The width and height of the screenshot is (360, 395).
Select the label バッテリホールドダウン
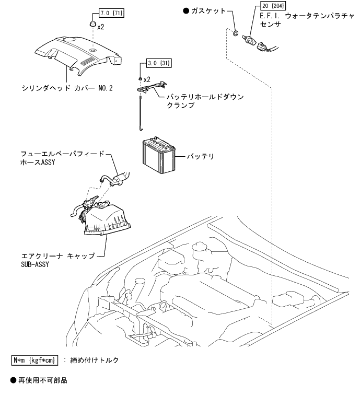click(x=205, y=97)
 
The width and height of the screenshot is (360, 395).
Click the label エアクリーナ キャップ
click(x=57, y=257)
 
